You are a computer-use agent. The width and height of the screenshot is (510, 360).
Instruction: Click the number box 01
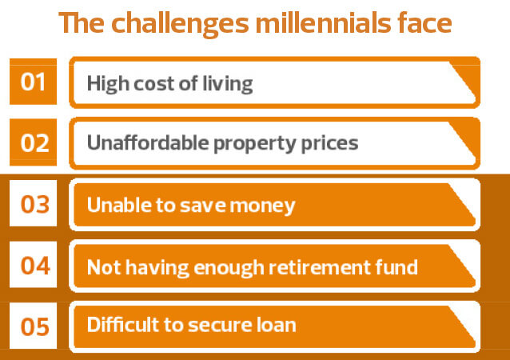coord(34,82)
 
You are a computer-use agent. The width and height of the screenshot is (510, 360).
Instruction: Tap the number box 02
coord(34,142)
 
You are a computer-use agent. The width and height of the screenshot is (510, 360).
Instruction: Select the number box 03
coord(34,203)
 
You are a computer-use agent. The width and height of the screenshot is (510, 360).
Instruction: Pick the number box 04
coord(34,265)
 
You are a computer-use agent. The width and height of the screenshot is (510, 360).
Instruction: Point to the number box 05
coord(34,326)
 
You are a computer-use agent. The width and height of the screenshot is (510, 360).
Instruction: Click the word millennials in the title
coord(323,22)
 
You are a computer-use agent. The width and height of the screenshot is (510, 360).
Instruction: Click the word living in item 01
coord(228,84)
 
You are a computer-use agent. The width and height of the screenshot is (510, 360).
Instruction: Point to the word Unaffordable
coord(148,142)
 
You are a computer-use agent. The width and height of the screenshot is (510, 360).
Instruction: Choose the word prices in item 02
coord(329,144)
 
